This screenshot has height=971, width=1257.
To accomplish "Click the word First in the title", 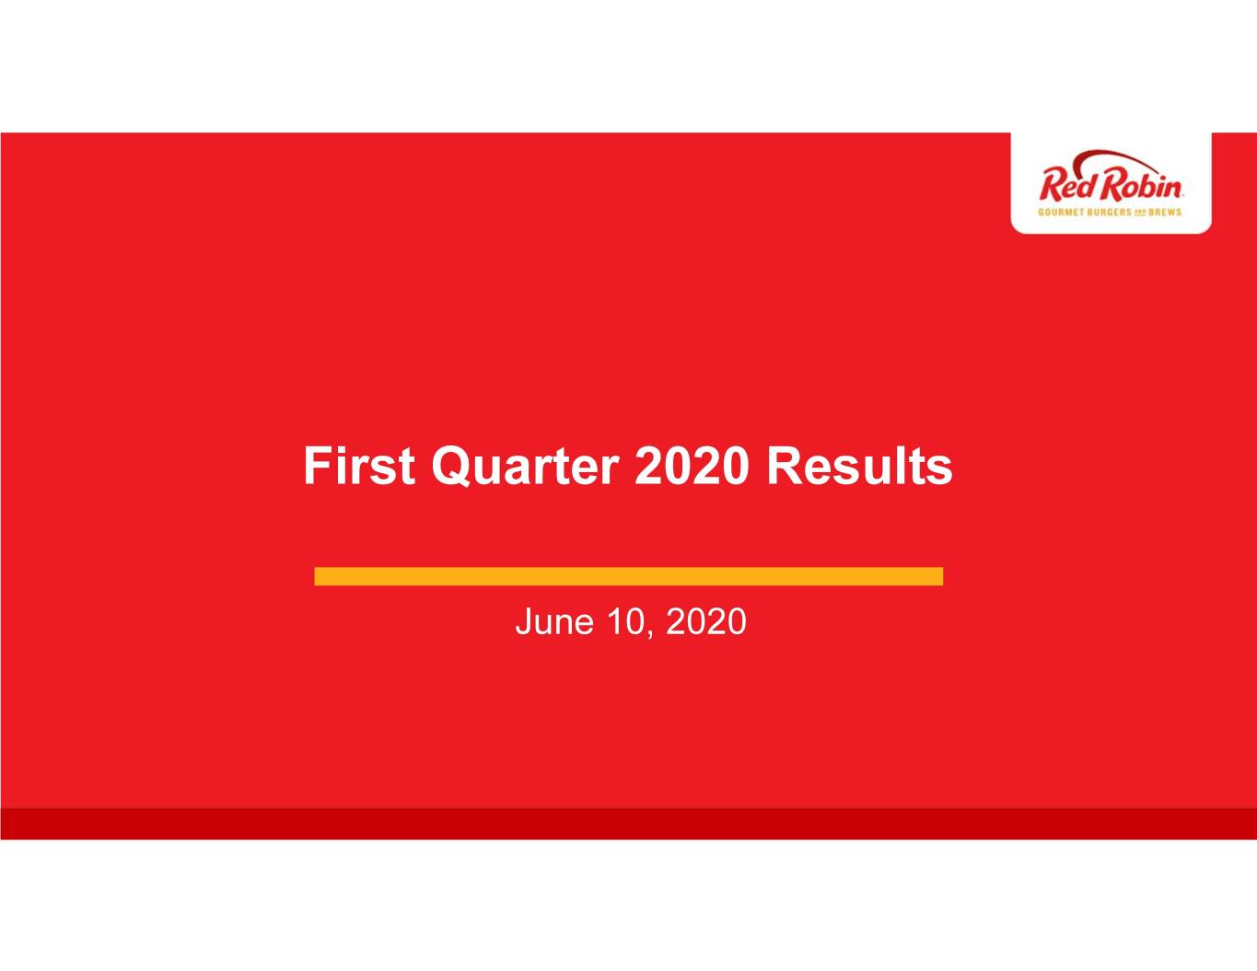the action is coord(359,466).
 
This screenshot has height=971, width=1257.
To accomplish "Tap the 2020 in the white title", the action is coord(692,466).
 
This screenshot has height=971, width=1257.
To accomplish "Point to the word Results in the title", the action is coord(859,466).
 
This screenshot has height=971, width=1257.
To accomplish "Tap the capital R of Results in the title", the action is coord(785,466).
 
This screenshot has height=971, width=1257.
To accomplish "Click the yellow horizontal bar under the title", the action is coord(628,576).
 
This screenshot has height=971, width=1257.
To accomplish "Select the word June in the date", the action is coord(554,622).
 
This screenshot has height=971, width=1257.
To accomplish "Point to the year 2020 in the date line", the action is coord(706,622).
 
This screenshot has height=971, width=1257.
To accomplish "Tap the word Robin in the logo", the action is coord(1142,185).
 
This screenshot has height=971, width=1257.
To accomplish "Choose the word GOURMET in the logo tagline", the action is coord(1061,212).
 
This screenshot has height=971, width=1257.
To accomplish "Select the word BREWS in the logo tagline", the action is coord(1165,212).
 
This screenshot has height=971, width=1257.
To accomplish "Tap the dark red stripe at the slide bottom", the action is coord(628,824).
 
